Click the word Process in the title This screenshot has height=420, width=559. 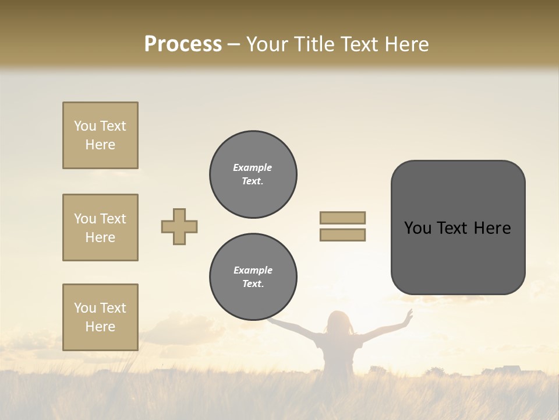coord(183,44)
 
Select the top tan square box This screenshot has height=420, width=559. coord(100,135)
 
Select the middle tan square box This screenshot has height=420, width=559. coord(100,228)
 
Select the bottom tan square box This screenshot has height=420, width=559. coord(100,317)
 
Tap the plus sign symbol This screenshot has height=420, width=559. coord(179,226)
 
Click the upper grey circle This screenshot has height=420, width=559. coord(253,174)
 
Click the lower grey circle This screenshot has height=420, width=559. coord(253,277)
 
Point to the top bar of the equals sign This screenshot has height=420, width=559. coord(342,218)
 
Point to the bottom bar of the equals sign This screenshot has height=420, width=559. coord(342,235)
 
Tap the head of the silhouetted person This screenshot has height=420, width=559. coord(338,322)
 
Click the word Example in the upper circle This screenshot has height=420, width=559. coord(253,167)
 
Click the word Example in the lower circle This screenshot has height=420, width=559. coord(253,270)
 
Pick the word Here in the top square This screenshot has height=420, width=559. coord(100,145)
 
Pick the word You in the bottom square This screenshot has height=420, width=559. coord(85,308)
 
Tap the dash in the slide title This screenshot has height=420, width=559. coord(233,44)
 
